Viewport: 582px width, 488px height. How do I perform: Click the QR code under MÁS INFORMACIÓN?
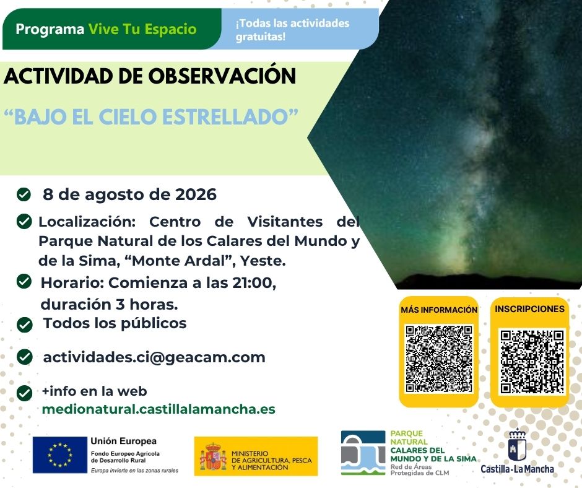point(439,359)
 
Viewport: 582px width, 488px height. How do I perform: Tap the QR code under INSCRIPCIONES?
point(532,362)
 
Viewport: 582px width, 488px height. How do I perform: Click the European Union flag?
point(60,455)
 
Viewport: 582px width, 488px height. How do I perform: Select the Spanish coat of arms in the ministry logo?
point(213,456)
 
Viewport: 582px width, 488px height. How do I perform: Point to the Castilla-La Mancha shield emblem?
point(517,445)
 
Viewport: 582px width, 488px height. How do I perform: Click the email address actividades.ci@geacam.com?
point(154,357)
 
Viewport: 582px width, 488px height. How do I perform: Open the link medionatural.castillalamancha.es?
point(159,409)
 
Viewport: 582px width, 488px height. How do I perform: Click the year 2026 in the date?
point(196,194)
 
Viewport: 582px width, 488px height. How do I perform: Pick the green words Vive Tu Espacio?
point(142,29)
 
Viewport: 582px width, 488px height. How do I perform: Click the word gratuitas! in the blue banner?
point(261,37)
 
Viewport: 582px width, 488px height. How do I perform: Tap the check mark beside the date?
point(24,194)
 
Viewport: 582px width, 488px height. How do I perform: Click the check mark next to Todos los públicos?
point(25,325)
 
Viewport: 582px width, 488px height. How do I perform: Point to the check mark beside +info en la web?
point(25,393)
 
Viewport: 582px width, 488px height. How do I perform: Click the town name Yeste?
point(263,261)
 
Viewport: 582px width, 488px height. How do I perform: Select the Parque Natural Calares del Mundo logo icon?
point(363,452)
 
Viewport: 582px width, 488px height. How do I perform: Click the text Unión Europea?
point(124,441)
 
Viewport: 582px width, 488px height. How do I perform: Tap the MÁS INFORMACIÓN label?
point(439,310)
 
